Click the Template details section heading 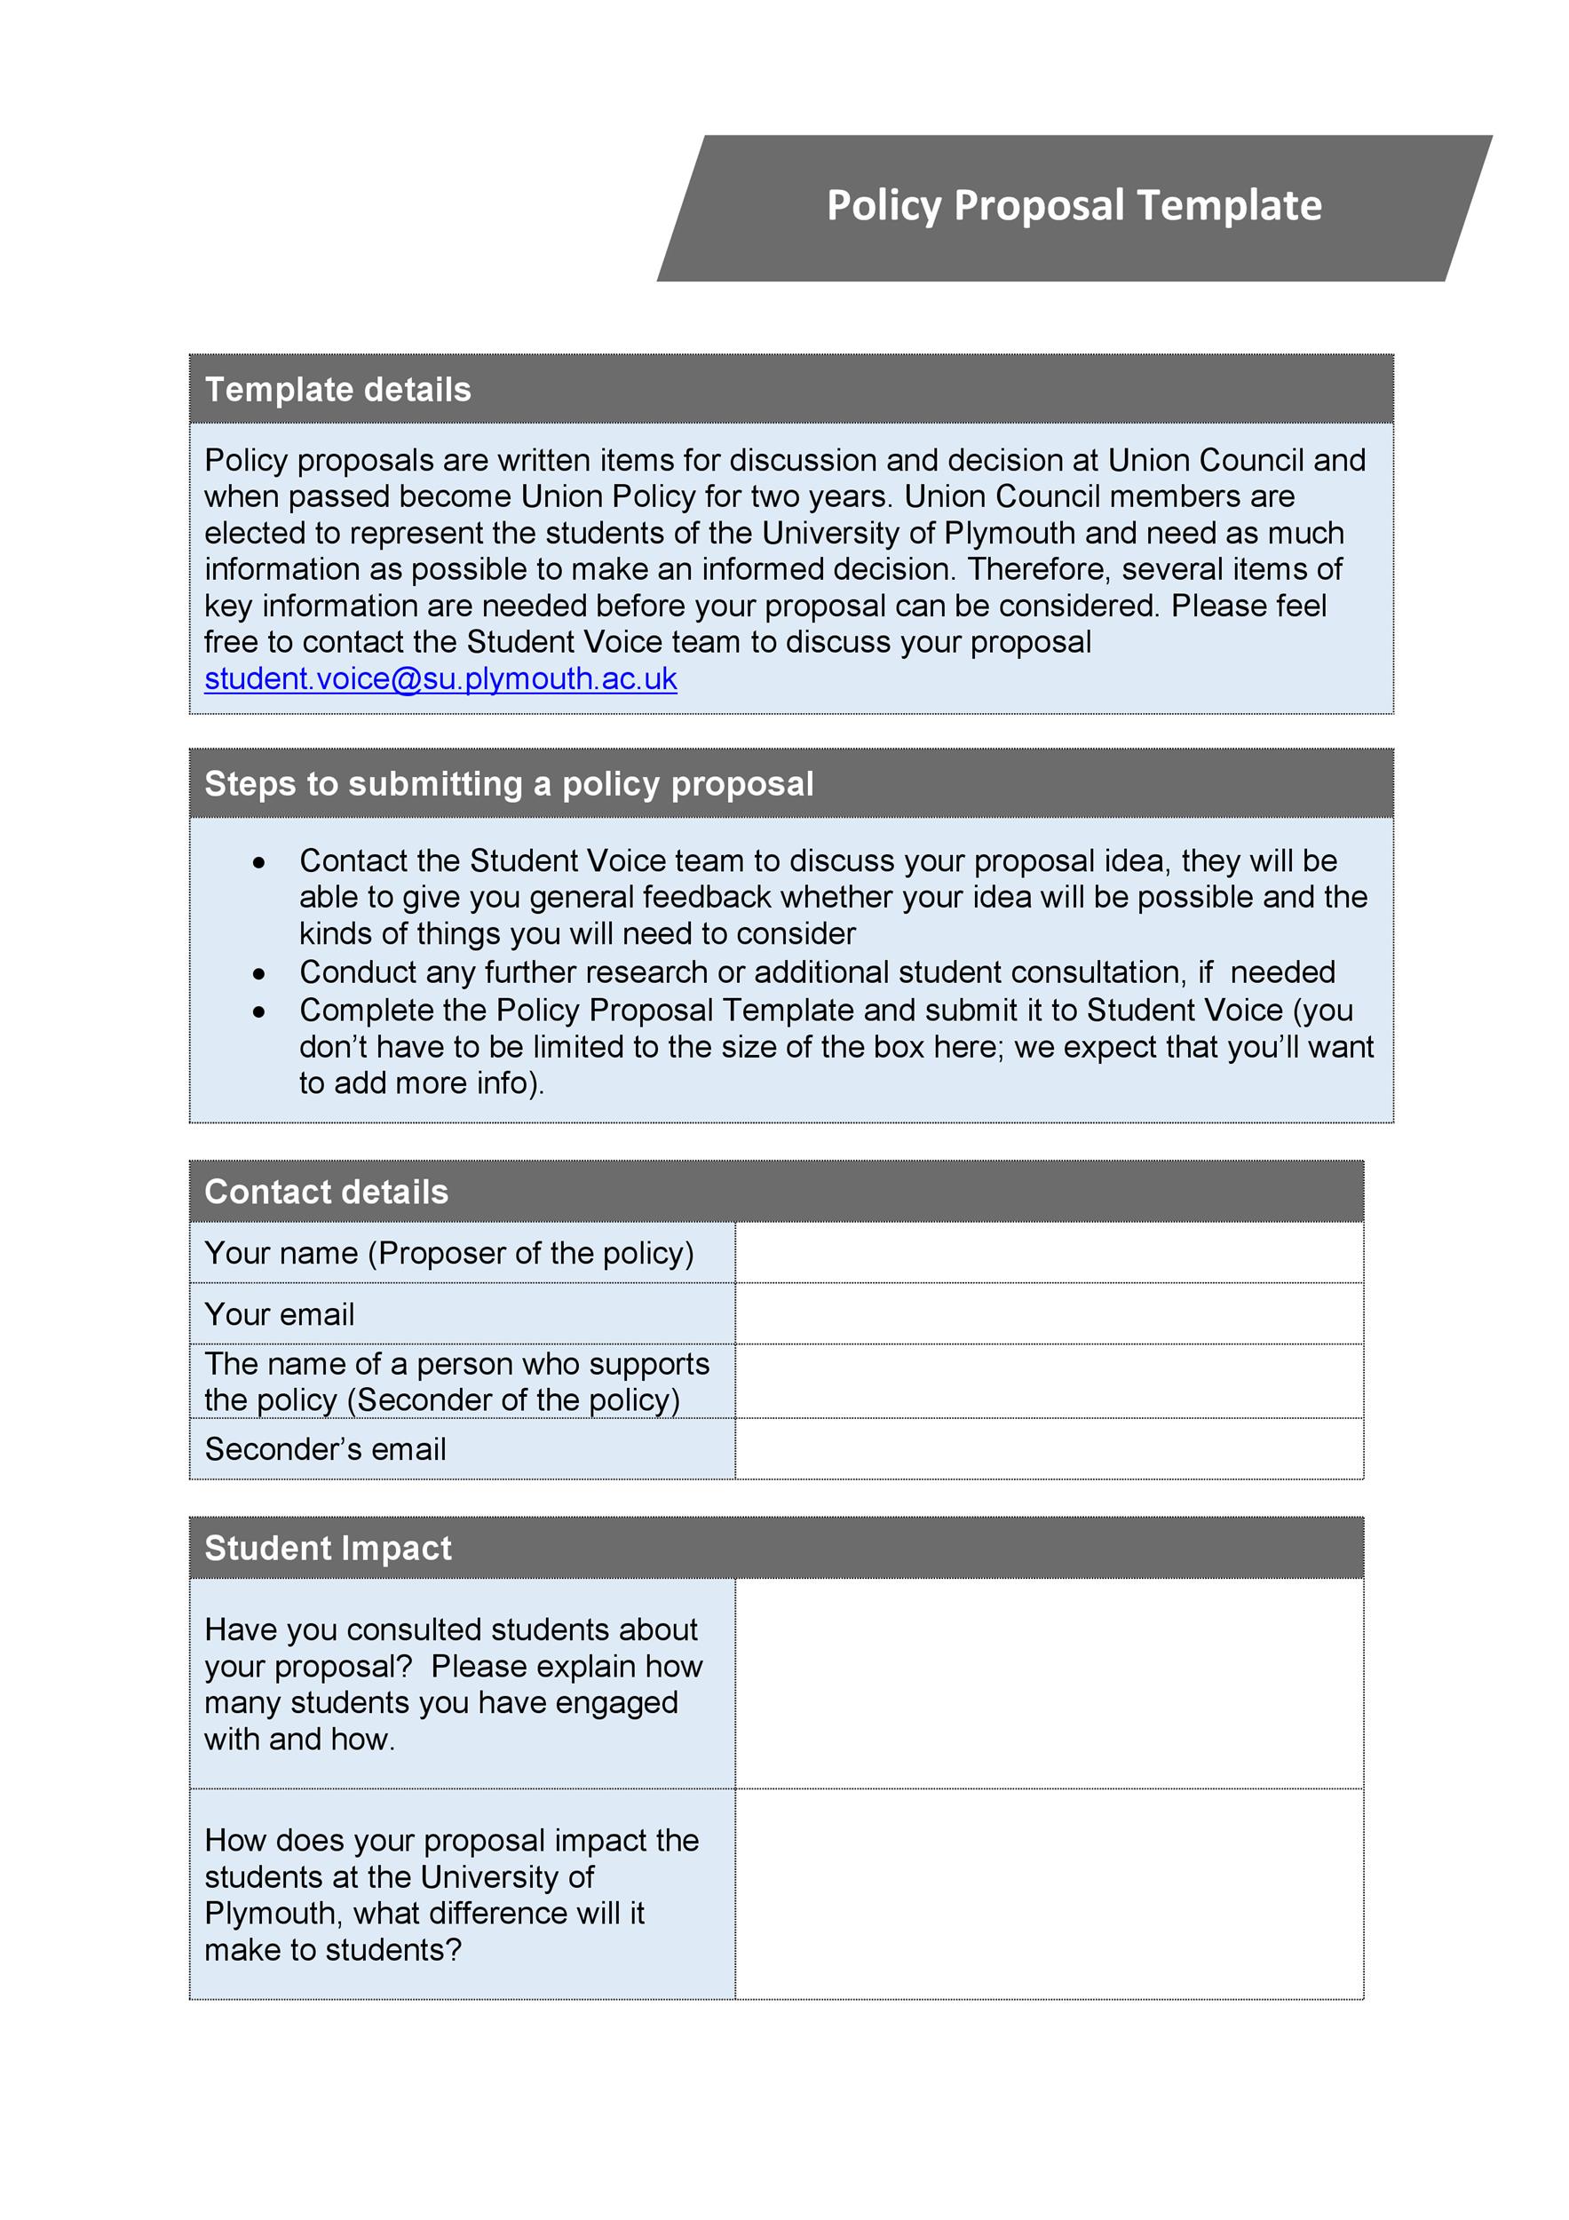pyautogui.click(x=337, y=390)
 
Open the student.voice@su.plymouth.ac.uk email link pyautogui.click(x=440, y=678)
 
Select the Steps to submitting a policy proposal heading pyautogui.click(x=509, y=783)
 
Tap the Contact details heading pyautogui.click(x=326, y=1193)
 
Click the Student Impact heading pyautogui.click(x=328, y=1548)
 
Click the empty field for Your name pyautogui.click(x=1049, y=1253)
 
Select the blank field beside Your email pyautogui.click(x=1049, y=1314)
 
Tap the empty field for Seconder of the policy pyautogui.click(x=1049, y=1382)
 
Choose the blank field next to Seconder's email pyautogui.click(x=1049, y=1448)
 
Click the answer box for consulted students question pyautogui.click(x=1049, y=1684)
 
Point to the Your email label pyautogui.click(x=280, y=1315)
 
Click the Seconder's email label pyautogui.click(x=325, y=1449)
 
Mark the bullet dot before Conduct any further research pyautogui.click(x=259, y=973)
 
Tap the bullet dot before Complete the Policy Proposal pyautogui.click(x=259, y=1012)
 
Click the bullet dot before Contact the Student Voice pyautogui.click(x=259, y=862)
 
